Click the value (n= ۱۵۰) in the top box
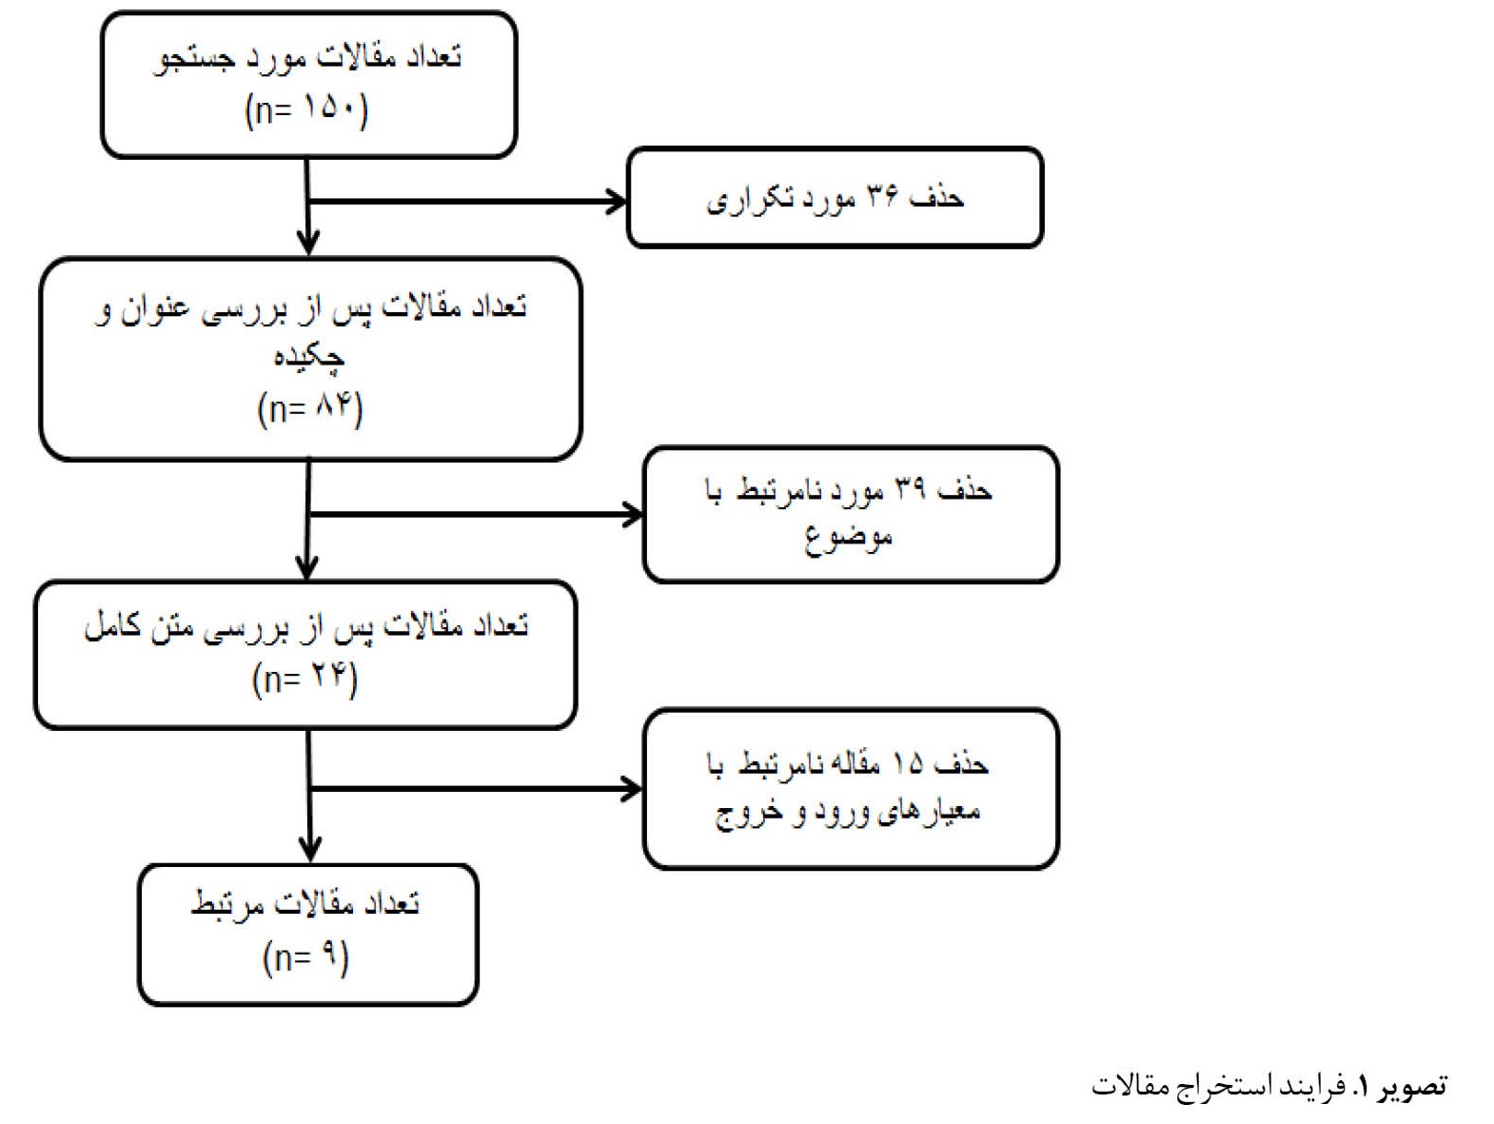(306, 110)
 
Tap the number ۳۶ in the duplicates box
(882, 197)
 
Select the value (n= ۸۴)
(310, 408)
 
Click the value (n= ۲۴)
(305, 678)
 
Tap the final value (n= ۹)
(305, 957)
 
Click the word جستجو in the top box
(194, 60)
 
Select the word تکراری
(750, 200)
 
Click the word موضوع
(848, 540)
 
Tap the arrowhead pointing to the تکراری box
(616, 202)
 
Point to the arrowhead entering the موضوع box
(632, 514)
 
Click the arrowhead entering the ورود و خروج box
(632, 789)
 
